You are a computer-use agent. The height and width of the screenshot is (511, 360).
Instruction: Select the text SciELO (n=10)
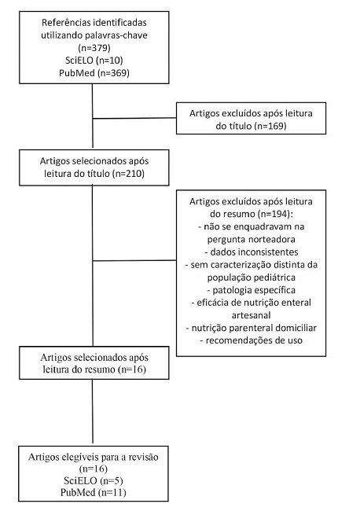[x=93, y=61]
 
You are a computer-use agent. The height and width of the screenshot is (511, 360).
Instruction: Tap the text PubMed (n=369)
[x=93, y=72]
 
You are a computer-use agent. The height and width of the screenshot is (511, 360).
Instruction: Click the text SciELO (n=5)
[x=93, y=479]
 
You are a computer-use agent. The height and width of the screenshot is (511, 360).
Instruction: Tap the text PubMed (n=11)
[x=93, y=491]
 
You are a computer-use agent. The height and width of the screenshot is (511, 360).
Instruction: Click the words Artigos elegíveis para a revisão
[x=93, y=455]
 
